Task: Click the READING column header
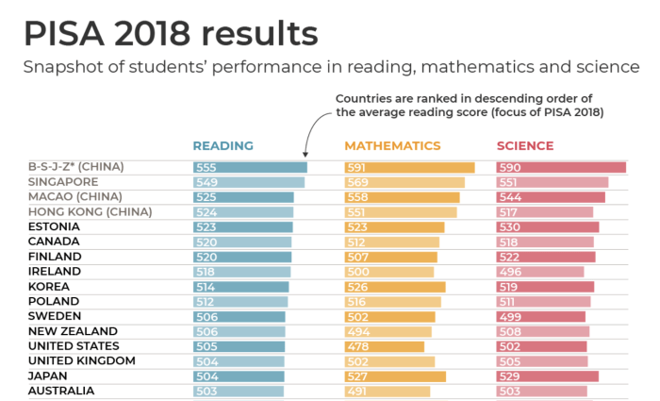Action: point(223,146)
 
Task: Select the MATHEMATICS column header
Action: point(392,146)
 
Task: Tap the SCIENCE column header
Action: point(525,146)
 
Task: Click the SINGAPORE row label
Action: point(63,182)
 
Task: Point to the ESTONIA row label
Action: point(54,226)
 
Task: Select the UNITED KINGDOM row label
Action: point(82,360)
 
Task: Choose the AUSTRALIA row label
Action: point(60,390)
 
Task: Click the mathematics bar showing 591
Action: point(409,168)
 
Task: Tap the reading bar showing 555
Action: point(250,168)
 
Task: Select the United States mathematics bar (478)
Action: point(385,346)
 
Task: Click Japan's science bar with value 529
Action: point(547,376)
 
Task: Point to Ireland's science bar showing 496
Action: point(540,272)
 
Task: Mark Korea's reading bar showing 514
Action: point(240,287)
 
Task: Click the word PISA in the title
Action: point(68,35)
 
